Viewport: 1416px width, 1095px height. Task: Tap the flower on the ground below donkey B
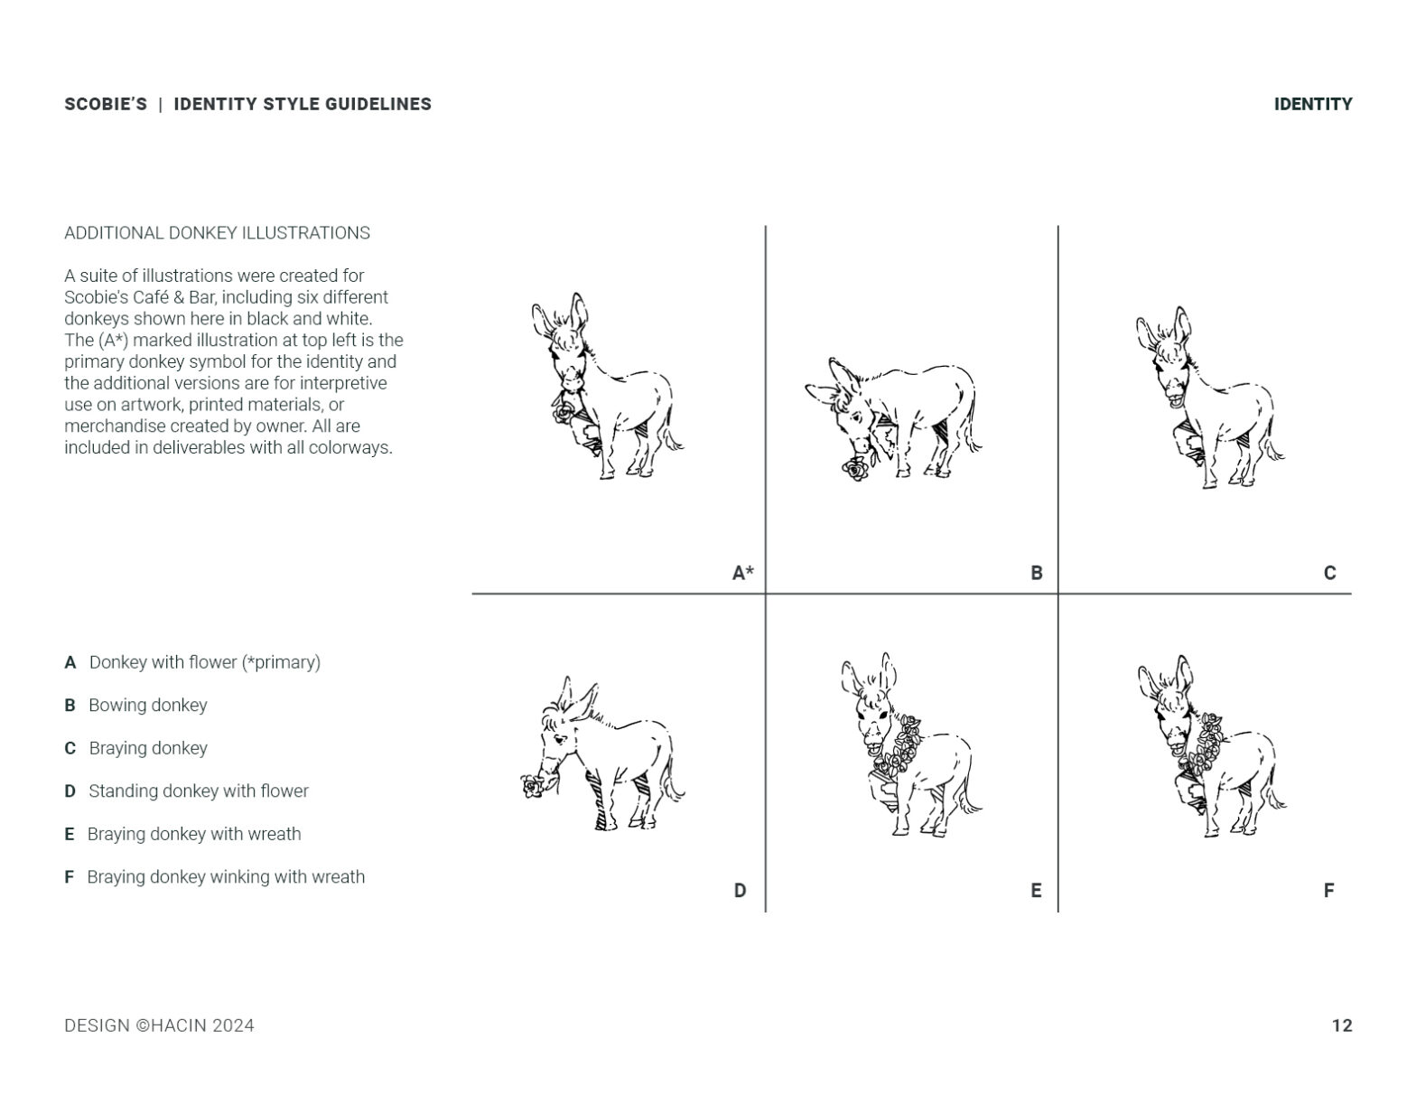coord(854,469)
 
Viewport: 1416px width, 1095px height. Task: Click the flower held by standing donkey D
coord(532,786)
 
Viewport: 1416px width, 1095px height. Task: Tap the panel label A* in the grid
coord(742,573)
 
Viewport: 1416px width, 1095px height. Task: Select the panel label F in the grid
coord(1328,891)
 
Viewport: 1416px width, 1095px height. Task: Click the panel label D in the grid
coord(740,891)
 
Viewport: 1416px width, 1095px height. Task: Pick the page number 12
coord(1341,1025)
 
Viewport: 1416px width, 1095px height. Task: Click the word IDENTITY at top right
coord(1312,105)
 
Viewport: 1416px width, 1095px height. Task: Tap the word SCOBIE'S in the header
coord(106,105)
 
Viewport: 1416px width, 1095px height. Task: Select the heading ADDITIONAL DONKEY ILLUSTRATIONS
coord(217,233)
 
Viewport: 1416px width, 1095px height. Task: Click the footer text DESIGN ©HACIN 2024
coord(159,1025)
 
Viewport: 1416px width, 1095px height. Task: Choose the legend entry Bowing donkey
coord(147,706)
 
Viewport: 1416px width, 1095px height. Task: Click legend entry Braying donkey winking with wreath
coord(226,877)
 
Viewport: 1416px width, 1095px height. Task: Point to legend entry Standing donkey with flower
coord(199,791)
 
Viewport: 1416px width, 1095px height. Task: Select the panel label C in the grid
coord(1329,573)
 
